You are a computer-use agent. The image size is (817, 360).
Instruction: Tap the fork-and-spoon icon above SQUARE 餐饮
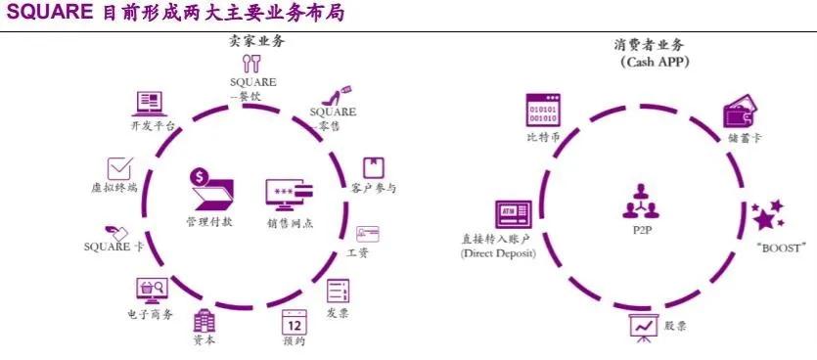pyautogui.click(x=252, y=65)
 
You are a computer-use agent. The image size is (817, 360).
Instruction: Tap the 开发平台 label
pyautogui.click(x=152, y=126)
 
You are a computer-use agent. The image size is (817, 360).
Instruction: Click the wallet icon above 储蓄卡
pyautogui.click(x=739, y=113)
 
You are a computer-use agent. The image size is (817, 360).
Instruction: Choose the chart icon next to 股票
pyautogui.click(x=642, y=326)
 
